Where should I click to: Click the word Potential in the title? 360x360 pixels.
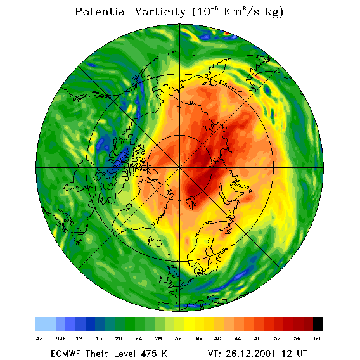[x=101, y=11]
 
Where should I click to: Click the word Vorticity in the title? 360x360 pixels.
[x=160, y=12]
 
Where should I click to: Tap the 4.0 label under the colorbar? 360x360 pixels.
[x=41, y=338]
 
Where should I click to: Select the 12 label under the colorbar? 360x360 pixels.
[x=79, y=338]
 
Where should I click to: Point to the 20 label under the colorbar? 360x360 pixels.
[x=119, y=338]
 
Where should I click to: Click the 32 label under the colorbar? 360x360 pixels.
[x=178, y=338]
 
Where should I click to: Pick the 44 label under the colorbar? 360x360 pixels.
[x=238, y=338]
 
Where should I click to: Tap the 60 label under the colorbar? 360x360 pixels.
[x=317, y=338]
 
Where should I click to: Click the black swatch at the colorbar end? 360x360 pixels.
[x=318, y=324]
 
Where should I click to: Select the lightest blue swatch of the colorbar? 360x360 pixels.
[x=46, y=324]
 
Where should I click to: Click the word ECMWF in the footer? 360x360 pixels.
[x=65, y=354]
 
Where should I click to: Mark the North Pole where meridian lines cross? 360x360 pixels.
[x=180, y=168]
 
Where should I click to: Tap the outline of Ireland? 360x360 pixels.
[x=165, y=278]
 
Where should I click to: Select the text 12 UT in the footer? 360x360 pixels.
[x=294, y=354]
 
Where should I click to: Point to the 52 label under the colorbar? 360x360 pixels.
[x=277, y=338]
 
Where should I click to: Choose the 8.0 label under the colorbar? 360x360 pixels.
[x=60, y=338]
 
